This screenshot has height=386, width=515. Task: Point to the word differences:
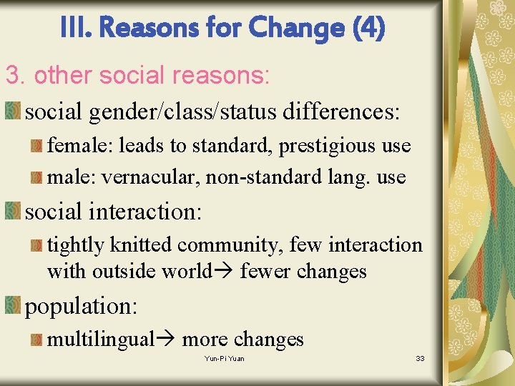(x=341, y=112)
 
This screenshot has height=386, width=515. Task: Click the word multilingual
(x=101, y=340)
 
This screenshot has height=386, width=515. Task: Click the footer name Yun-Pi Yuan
(x=224, y=358)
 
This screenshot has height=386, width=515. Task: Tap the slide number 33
(x=420, y=358)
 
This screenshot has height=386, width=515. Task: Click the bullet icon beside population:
(x=13, y=305)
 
